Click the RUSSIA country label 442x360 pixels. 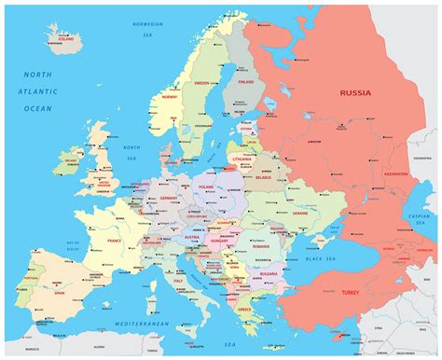[x=354, y=92]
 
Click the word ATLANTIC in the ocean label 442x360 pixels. [x=38, y=91]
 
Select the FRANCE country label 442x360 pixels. [x=115, y=240]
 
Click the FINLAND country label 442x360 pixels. [x=246, y=81]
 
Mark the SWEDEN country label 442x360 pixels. [x=201, y=82]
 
